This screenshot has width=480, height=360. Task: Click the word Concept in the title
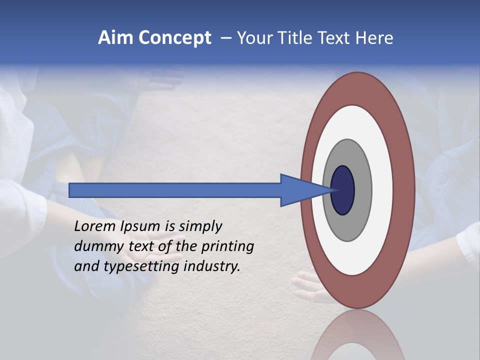coord(174,38)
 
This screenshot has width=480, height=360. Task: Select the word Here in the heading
coord(374,38)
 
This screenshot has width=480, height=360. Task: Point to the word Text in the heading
coord(335,38)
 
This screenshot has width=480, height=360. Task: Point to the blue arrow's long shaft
coord(175,190)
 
